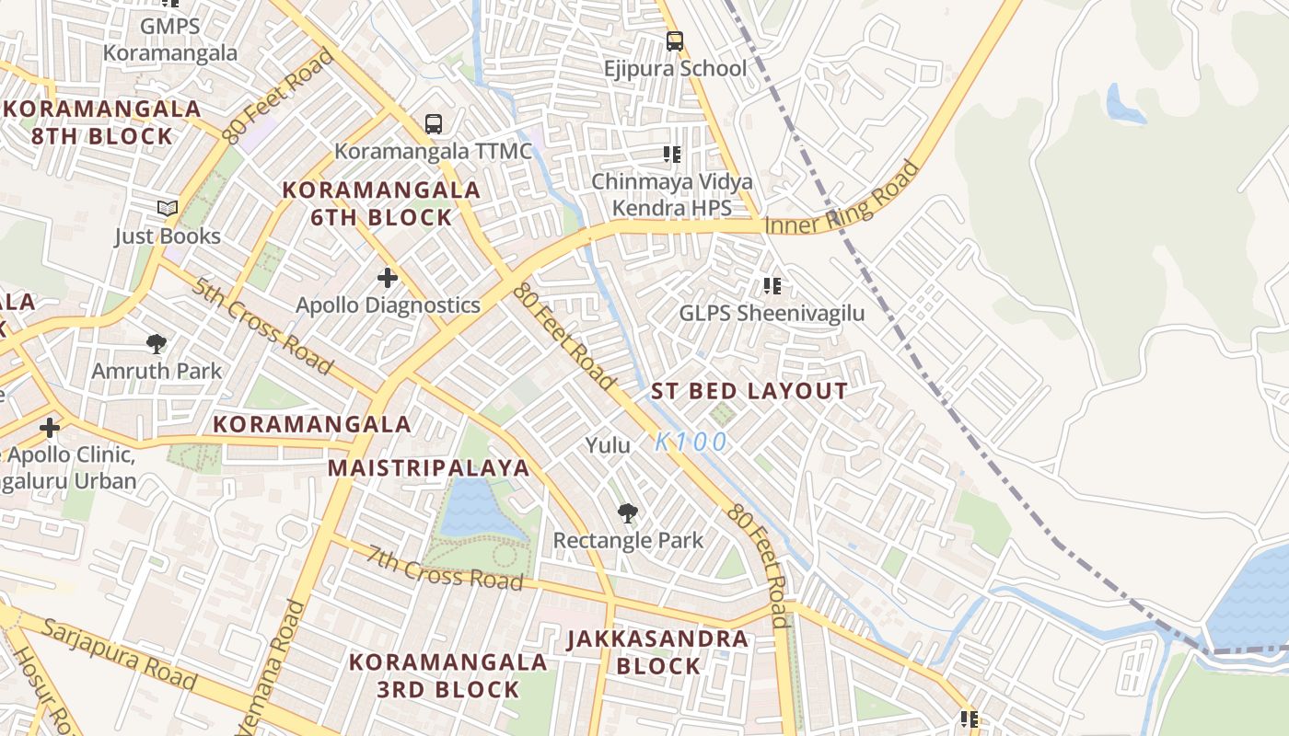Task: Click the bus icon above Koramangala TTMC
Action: point(433,123)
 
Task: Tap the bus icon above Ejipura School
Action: point(675,41)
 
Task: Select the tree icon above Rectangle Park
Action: point(628,513)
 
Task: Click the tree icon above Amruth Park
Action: point(157,344)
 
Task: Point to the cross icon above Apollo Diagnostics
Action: point(388,277)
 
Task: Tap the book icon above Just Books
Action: point(167,209)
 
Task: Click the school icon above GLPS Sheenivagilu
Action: point(772,286)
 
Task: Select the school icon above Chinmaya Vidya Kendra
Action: point(671,155)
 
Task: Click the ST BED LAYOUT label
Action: point(749,391)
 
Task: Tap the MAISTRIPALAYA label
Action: point(429,467)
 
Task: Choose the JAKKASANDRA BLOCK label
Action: point(657,651)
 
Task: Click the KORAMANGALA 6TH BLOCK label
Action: point(381,203)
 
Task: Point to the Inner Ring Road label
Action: point(842,201)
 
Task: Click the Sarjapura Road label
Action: point(120,654)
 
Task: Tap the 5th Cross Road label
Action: point(261,325)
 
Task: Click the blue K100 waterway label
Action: point(691,443)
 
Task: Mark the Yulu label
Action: point(609,445)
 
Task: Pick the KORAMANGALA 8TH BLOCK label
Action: point(101,122)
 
